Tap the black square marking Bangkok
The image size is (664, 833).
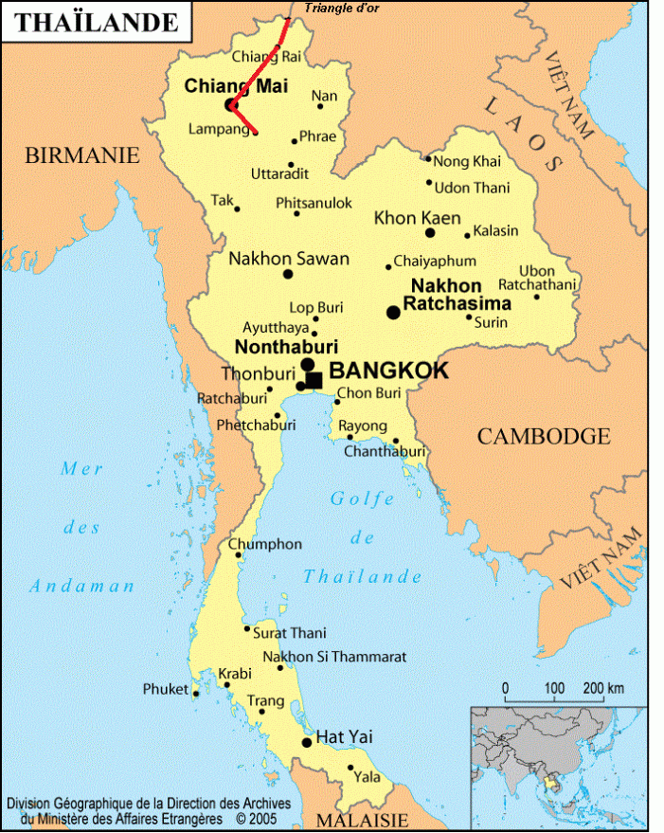click(314, 380)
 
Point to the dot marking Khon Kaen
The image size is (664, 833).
click(429, 232)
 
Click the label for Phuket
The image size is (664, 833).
click(166, 689)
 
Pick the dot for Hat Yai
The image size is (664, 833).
click(306, 742)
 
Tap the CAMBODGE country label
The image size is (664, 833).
click(543, 436)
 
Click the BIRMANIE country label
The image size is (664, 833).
click(81, 155)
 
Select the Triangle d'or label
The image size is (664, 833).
click(340, 9)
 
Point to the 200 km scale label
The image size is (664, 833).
click(602, 687)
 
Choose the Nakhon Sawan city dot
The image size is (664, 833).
click(288, 274)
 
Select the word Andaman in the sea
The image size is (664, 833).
click(81, 586)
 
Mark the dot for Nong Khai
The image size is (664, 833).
click(428, 159)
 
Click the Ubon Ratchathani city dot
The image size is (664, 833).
click(536, 297)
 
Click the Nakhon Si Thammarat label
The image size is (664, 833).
click(334, 657)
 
